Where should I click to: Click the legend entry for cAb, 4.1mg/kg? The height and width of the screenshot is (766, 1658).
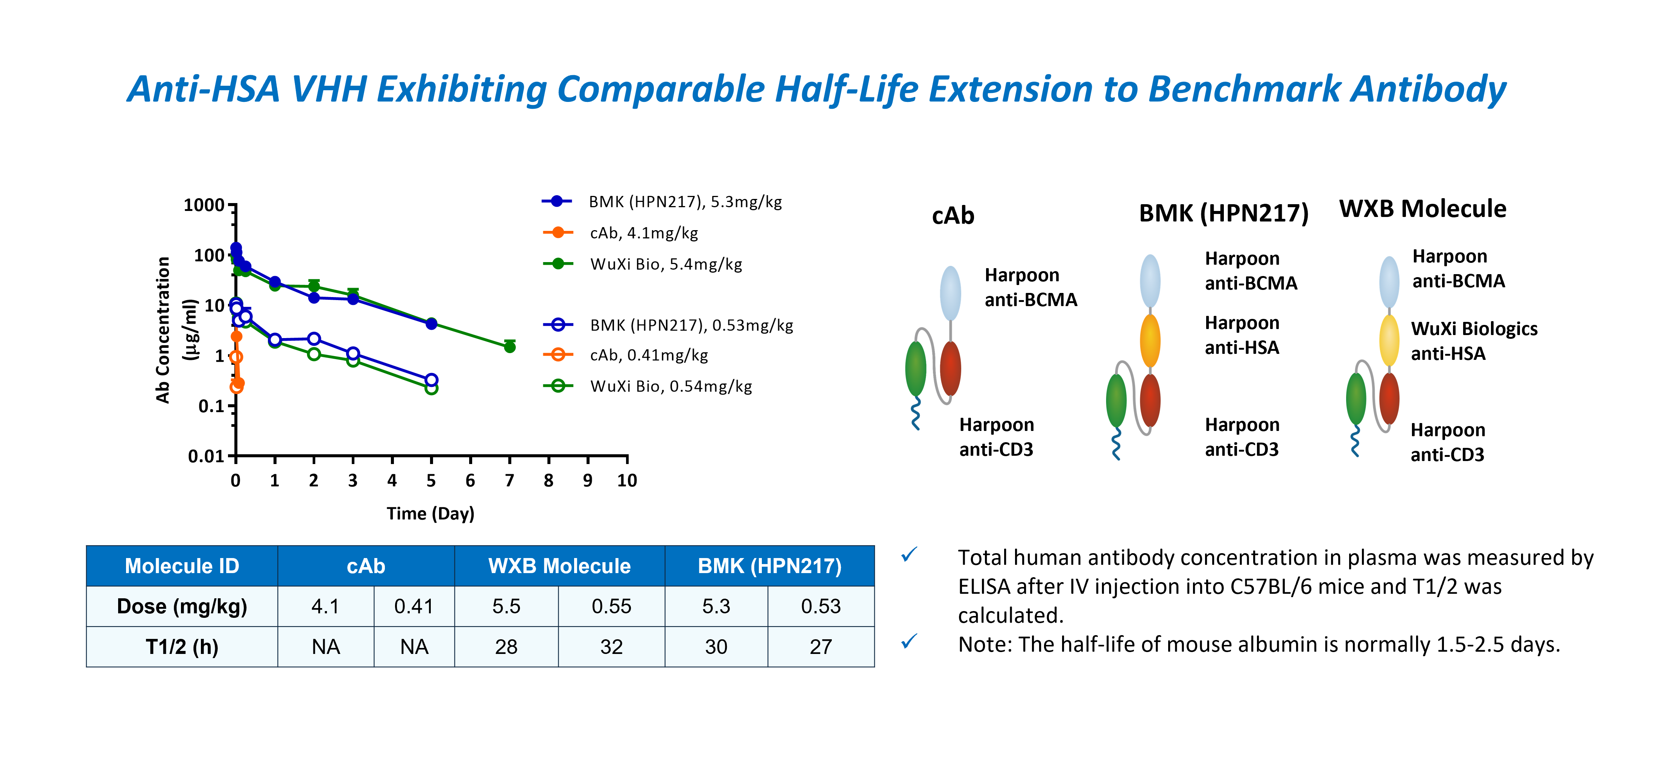644,233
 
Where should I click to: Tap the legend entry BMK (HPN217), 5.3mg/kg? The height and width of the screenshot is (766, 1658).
685,202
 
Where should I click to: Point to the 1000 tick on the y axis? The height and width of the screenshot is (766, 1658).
204,205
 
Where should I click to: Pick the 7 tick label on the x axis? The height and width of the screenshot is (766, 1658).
509,481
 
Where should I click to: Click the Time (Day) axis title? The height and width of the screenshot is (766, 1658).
430,513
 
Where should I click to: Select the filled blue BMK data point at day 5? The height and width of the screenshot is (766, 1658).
431,323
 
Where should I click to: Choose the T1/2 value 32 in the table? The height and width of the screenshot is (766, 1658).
611,646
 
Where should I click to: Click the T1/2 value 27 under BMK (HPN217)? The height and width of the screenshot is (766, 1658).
821,646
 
